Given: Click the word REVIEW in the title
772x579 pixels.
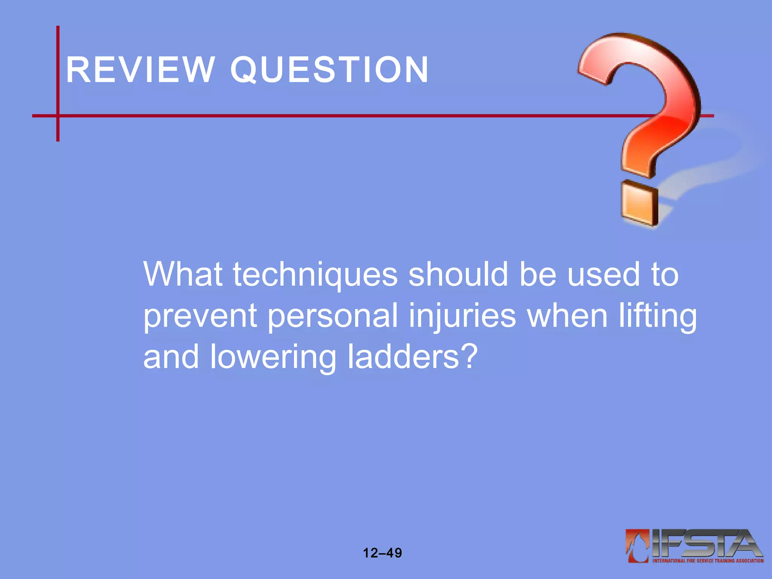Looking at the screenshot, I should (x=140, y=70).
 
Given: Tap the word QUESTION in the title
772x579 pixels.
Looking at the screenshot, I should (x=329, y=70).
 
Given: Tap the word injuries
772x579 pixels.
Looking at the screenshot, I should (x=462, y=316).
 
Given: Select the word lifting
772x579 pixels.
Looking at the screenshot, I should (x=657, y=316).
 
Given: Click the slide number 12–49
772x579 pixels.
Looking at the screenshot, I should (x=382, y=553).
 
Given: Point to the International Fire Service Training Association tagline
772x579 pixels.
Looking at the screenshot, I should (x=708, y=561).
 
